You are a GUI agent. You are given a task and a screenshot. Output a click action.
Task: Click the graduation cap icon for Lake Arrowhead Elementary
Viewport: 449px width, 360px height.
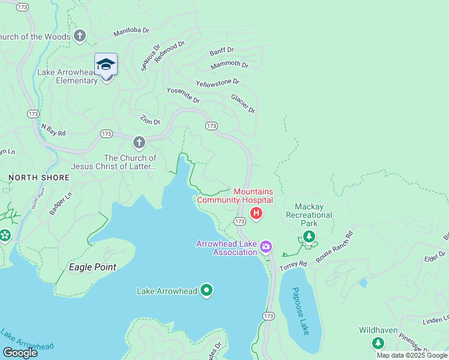[106, 64]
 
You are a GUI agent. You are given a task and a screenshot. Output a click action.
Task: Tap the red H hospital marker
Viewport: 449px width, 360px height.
[256, 213]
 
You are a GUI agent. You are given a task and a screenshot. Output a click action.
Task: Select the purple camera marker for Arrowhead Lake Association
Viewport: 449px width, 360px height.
[265, 247]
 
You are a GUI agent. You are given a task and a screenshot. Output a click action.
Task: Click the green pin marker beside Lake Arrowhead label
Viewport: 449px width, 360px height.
[206, 291]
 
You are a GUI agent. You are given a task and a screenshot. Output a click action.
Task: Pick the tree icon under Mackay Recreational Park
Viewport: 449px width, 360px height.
[309, 237]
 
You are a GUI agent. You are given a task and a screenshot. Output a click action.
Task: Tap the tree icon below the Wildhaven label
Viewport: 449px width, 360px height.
[378, 343]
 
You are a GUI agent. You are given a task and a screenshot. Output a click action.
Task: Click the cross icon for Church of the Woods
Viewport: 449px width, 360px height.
[79, 37]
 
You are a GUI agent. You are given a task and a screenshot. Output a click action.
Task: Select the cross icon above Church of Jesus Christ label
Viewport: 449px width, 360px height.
[139, 143]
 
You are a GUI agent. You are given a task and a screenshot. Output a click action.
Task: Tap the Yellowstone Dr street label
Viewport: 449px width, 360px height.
[217, 82]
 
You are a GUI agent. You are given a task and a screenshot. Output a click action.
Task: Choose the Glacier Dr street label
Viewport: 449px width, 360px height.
[243, 103]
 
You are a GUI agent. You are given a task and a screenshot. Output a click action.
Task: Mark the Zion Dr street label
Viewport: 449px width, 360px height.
[150, 119]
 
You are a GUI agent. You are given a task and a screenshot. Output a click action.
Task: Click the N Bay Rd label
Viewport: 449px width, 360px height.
[53, 129]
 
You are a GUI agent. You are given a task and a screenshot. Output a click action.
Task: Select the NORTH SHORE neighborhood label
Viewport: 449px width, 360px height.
[39, 178]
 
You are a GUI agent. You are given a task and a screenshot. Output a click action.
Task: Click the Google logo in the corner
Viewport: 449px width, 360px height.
[20, 352]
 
